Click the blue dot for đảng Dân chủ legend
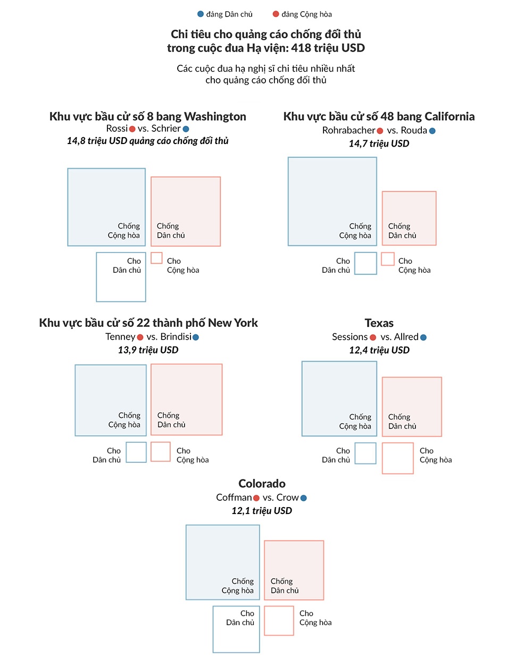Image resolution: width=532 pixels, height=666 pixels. [x=201, y=14]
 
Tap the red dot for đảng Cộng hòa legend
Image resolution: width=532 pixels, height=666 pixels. [x=276, y=14]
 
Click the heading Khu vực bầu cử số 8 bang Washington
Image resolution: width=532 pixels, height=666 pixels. [x=148, y=116]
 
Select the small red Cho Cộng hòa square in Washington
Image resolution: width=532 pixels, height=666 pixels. [x=156, y=258]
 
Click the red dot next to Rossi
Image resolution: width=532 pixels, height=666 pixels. [x=132, y=129]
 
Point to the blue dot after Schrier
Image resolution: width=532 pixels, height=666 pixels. [x=186, y=129]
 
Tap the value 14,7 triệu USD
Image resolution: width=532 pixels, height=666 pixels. [x=379, y=144]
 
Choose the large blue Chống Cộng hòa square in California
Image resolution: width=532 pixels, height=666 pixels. [x=332, y=201]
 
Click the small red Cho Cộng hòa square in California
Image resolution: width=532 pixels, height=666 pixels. [x=388, y=259]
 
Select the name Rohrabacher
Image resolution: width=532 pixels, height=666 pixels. [x=348, y=131]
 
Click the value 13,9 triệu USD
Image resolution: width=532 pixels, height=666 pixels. [x=148, y=350]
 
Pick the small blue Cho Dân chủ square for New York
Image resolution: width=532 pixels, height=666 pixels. [x=136, y=452]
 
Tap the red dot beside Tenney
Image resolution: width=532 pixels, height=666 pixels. [x=140, y=337]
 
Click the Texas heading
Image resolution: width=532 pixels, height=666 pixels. [x=379, y=323]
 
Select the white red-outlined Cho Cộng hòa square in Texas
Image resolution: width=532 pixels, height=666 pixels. [x=397, y=458]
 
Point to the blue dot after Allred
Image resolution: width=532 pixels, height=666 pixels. [x=423, y=337]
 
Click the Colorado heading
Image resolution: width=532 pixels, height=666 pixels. [x=262, y=484]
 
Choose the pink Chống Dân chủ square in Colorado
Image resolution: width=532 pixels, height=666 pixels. [x=294, y=570]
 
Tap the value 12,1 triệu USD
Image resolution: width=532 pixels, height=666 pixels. [x=262, y=511]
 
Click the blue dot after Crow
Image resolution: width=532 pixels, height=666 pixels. [x=304, y=498]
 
